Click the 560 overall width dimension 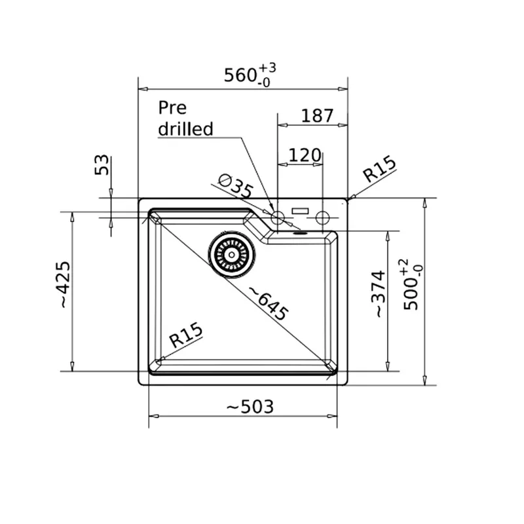(x=240, y=75)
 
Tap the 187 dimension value (x=317, y=116)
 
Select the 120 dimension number (x=305, y=155)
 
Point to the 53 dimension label (x=102, y=165)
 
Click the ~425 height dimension (x=65, y=284)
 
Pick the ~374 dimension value (x=380, y=293)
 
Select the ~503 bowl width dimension (x=250, y=407)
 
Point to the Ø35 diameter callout (x=236, y=186)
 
